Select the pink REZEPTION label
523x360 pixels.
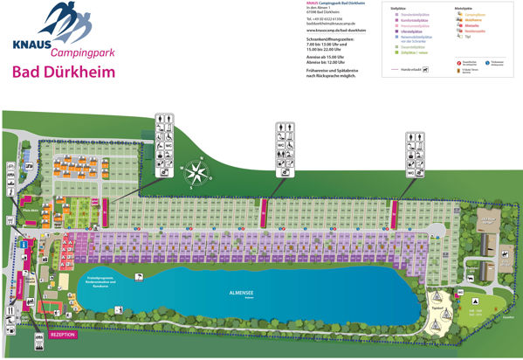[63, 334]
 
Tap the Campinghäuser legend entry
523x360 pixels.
[475, 15]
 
